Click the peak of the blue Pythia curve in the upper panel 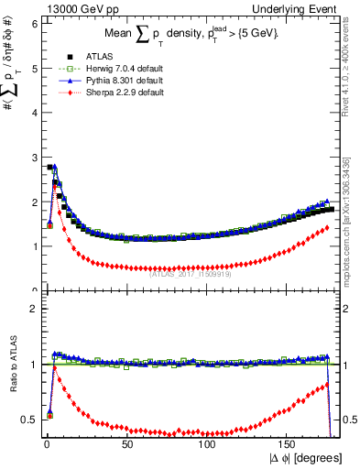54,167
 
